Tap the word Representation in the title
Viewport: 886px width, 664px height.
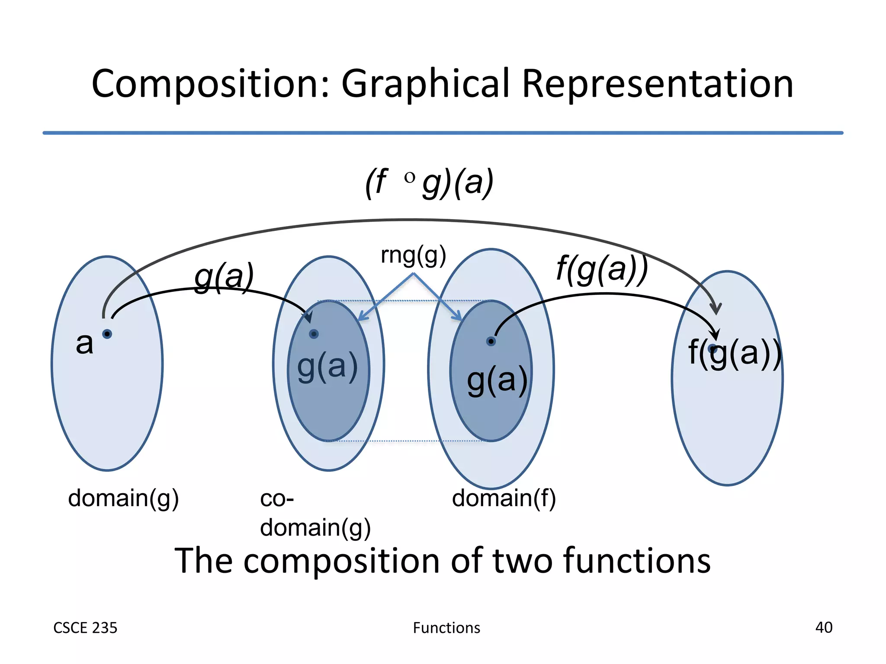pyautogui.click(x=658, y=84)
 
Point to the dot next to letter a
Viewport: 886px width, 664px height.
pyautogui.click(x=107, y=334)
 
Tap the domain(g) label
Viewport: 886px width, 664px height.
pyautogui.click(x=123, y=498)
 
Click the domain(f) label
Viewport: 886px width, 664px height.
pyautogui.click(x=504, y=498)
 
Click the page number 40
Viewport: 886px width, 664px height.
pyautogui.click(x=824, y=627)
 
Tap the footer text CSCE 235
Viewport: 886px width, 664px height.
pyautogui.click(x=85, y=628)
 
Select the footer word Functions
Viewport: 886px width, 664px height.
pyautogui.click(x=446, y=628)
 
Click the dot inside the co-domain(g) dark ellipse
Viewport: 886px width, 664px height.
pyautogui.click(x=314, y=334)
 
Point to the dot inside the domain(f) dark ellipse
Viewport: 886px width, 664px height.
pyautogui.click(x=491, y=342)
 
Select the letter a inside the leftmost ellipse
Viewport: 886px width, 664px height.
pyautogui.click(x=84, y=344)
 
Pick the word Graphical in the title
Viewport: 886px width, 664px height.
pyautogui.click(x=426, y=84)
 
